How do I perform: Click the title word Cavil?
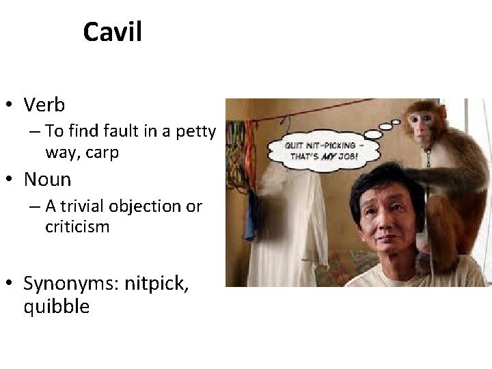pyautogui.click(x=112, y=32)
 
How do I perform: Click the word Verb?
pyautogui.click(x=44, y=105)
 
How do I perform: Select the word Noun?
pyautogui.click(x=47, y=180)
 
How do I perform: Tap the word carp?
pyautogui.click(x=100, y=152)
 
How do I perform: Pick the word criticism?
pyautogui.click(x=77, y=227)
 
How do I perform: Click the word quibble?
pyautogui.click(x=56, y=306)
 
